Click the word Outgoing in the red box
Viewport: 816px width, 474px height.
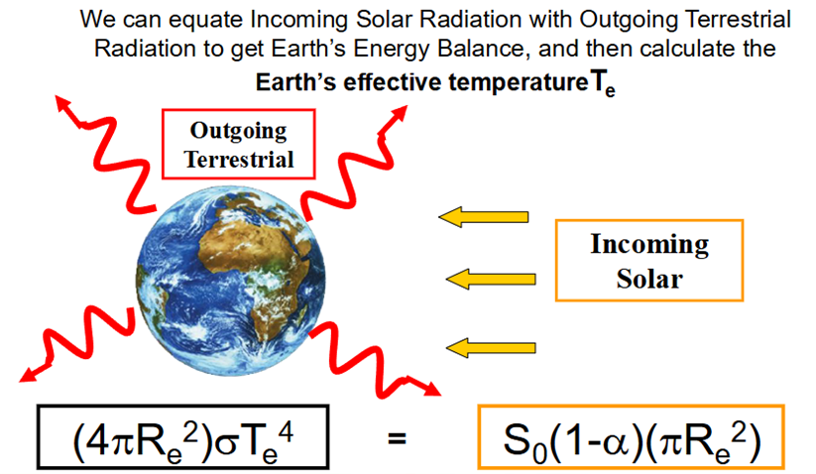click(238, 131)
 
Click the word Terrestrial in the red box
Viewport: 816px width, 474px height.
click(239, 160)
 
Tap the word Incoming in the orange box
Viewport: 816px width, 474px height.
click(649, 245)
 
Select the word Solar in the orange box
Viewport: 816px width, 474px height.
click(649, 279)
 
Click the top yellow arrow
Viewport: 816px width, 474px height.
click(484, 216)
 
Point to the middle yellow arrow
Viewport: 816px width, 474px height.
click(491, 280)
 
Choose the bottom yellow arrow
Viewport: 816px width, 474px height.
click(491, 347)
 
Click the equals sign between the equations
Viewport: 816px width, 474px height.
click(397, 438)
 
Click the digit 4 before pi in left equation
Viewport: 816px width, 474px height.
click(96, 438)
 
